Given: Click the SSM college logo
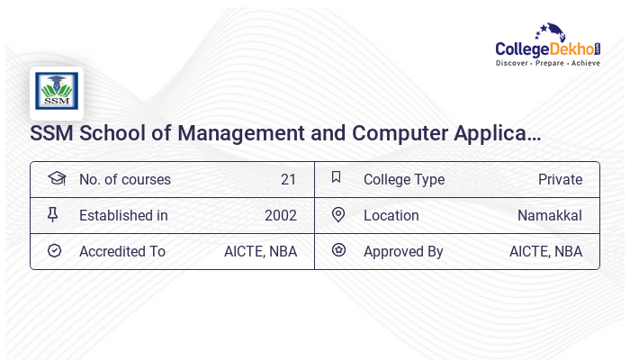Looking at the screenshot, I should click(x=57, y=92).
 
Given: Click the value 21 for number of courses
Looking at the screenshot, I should click(x=288, y=179).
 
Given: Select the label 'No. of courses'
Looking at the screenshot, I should click(x=125, y=179).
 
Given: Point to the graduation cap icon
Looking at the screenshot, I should click(x=56, y=178).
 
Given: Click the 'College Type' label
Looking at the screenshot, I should click(x=404, y=179).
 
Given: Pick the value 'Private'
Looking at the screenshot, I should click(x=560, y=179).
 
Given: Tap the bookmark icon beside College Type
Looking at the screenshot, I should click(x=336, y=177).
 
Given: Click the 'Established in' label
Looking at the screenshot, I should click(x=123, y=215).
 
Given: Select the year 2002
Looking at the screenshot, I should click(x=281, y=215).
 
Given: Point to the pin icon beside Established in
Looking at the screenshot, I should click(x=53, y=214).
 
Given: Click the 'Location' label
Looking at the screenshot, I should click(x=391, y=215).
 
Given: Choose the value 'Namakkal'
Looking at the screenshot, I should click(x=550, y=215).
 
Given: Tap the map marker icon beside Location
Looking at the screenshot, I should click(x=338, y=214).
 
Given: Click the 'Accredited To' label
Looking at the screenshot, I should click(x=122, y=251).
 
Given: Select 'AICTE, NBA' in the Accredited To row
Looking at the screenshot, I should click(x=260, y=251).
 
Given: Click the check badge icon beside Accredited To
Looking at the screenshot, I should click(x=54, y=250).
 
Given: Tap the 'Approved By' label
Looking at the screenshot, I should click(x=403, y=251).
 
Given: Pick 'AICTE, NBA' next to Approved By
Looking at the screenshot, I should click(x=545, y=251).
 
